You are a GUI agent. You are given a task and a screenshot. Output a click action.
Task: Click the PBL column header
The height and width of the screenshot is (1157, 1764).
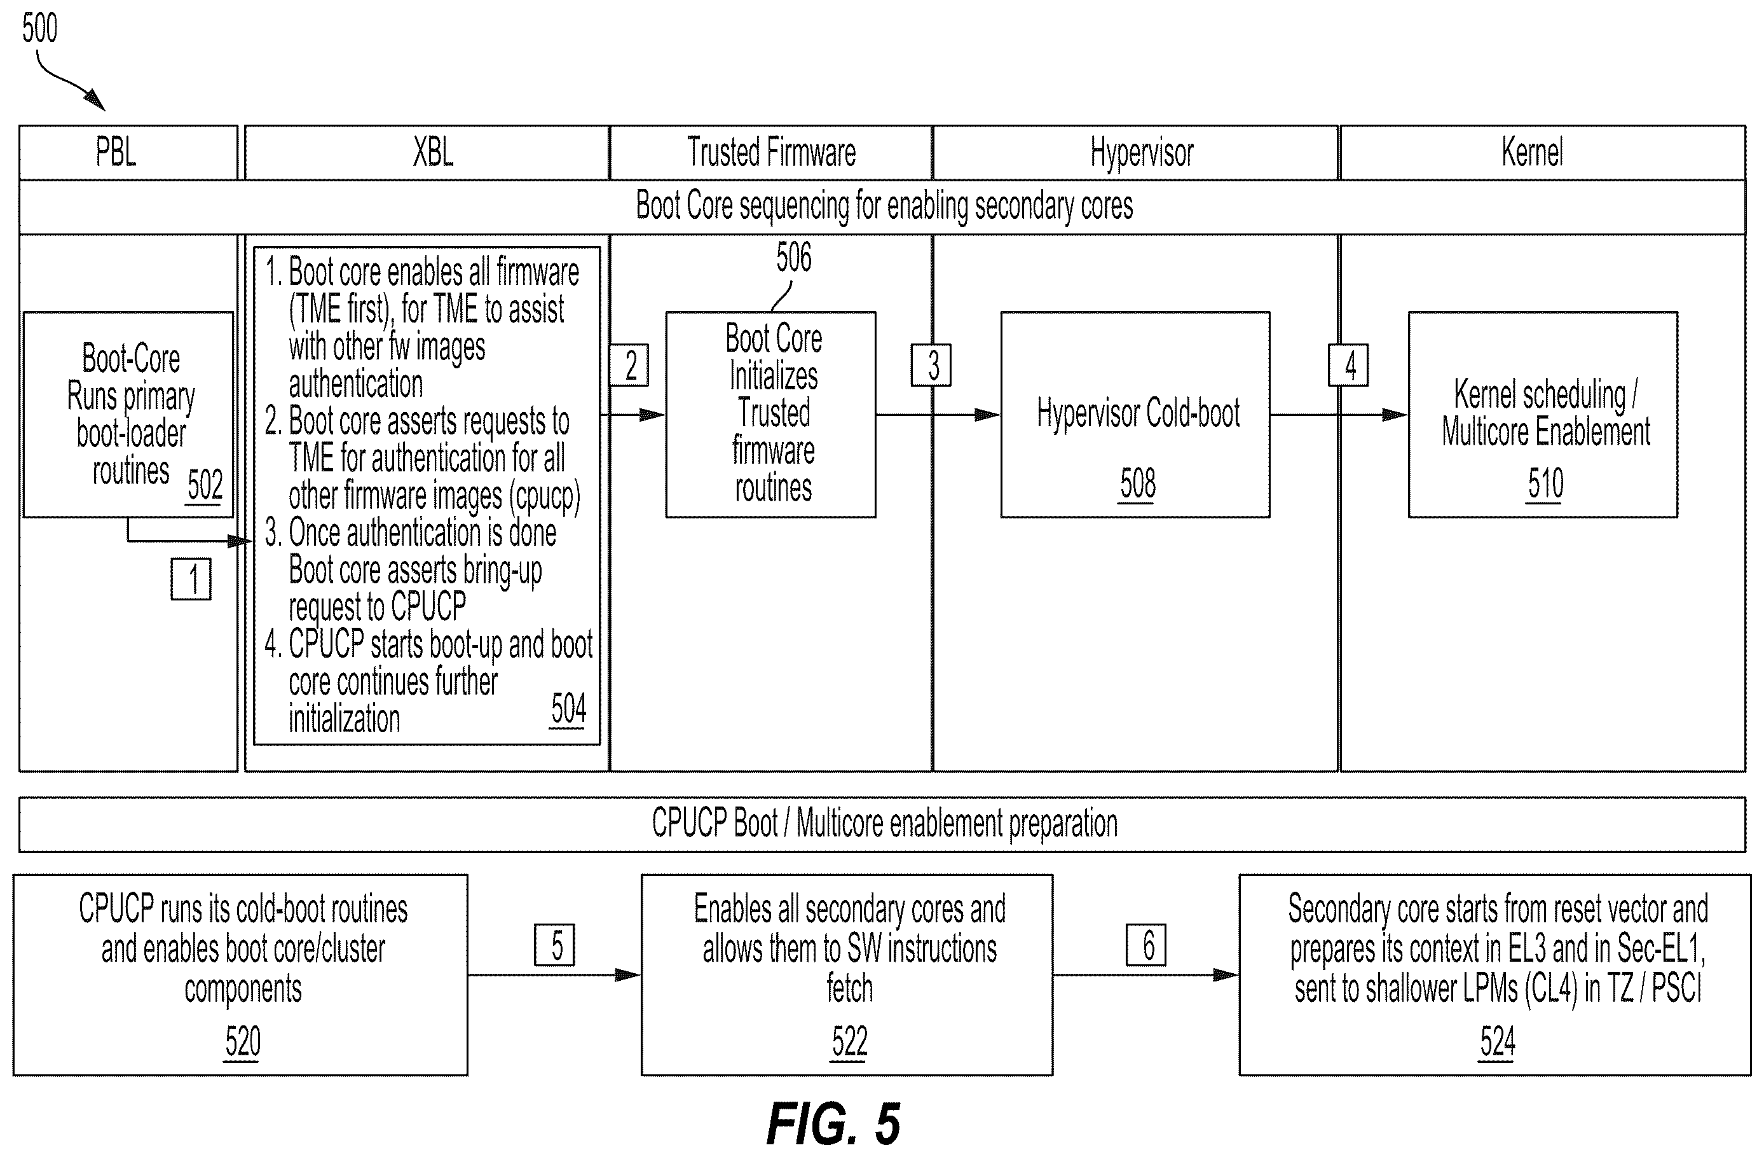pos(116,152)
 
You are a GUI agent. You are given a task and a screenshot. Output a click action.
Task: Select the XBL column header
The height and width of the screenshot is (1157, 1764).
pos(433,152)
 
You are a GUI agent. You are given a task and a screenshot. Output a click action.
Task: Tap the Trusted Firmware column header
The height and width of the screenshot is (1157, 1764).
pos(772,152)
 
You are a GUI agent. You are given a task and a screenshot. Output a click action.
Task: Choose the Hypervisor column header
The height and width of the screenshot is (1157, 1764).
pos(1142,153)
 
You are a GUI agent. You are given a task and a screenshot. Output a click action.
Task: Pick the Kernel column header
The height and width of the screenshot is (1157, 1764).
pos(1533,152)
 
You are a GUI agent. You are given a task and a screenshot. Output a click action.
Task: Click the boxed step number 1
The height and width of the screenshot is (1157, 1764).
pos(191,579)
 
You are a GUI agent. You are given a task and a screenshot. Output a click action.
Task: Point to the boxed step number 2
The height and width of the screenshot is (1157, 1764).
pos(629,365)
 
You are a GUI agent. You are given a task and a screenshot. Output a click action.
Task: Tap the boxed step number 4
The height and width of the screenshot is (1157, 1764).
pos(1349,365)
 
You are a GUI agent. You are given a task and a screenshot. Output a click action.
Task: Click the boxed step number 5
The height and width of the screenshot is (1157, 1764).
pos(555,945)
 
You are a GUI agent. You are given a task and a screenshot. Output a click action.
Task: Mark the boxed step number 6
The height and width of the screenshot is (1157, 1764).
pos(1146,945)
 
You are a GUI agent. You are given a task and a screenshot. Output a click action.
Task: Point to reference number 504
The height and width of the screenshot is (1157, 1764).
pos(568,709)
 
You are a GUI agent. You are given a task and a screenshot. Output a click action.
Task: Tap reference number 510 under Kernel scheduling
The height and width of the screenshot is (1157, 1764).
pos(1545,483)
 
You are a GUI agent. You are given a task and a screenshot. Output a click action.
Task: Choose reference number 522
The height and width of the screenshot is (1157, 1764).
pos(849,1042)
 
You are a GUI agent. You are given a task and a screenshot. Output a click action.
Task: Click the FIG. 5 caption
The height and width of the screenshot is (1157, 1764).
pos(834,1124)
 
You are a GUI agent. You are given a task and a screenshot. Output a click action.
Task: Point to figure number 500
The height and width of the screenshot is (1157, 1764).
pos(39,28)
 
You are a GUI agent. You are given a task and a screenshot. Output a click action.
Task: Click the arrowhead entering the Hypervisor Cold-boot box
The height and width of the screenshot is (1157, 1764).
pos(988,415)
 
